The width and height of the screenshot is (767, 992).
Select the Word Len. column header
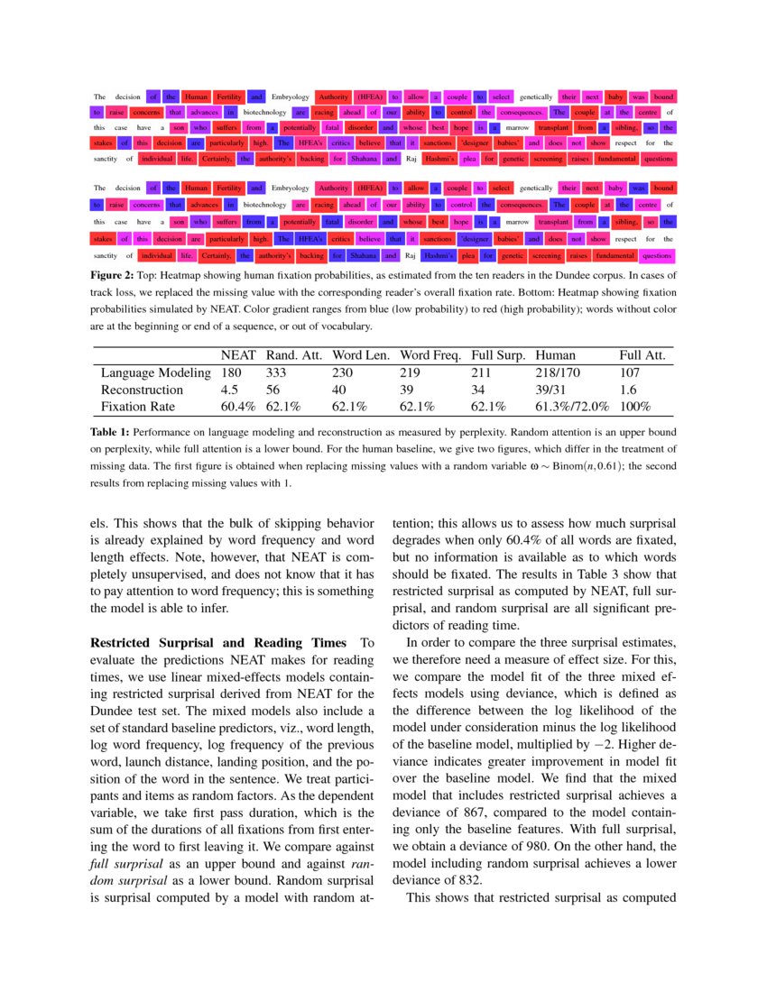(360, 356)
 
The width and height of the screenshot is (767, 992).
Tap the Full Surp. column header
(497, 356)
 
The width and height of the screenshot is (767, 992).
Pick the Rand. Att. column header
(294, 356)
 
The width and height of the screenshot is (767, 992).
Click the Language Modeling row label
(155, 372)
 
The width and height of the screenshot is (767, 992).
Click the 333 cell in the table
(276, 372)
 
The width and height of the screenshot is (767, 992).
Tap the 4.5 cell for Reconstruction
(229, 390)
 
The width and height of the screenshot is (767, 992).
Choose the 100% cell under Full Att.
(635, 407)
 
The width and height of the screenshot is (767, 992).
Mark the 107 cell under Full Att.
(632, 372)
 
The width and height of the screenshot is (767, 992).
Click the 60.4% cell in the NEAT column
(240, 407)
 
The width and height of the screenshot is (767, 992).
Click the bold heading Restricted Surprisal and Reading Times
(219, 643)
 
